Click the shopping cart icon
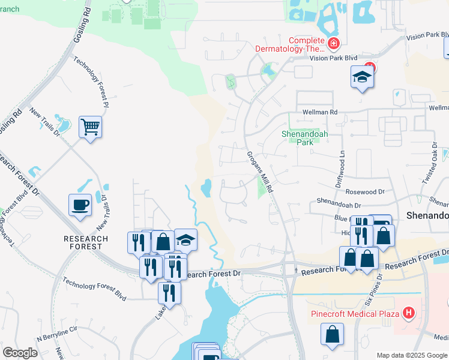pyautogui.click(x=90, y=127)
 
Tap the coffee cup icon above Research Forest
pyautogui.click(x=80, y=205)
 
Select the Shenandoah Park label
pyautogui.click(x=305, y=138)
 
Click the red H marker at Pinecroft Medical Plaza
pyautogui.click(x=409, y=313)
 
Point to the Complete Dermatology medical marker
pyautogui.click(x=333, y=44)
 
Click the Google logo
pyautogui.click(x=20, y=352)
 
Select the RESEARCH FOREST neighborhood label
pyautogui.click(x=86, y=243)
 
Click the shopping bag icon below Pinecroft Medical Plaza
pyautogui.click(x=332, y=334)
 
